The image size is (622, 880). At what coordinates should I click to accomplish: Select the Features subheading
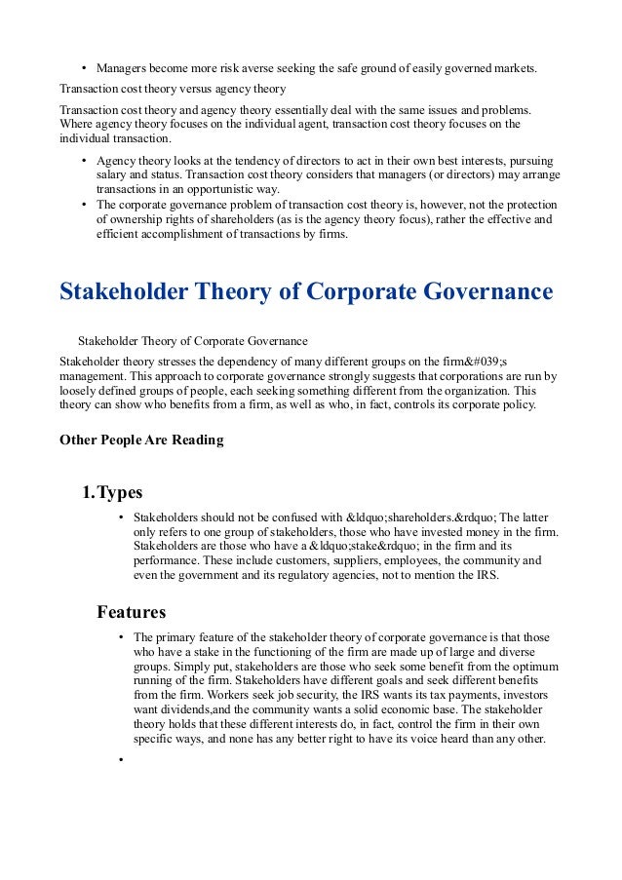(x=132, y=612)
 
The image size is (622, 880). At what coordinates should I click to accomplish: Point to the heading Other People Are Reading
(x=141, y=440)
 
